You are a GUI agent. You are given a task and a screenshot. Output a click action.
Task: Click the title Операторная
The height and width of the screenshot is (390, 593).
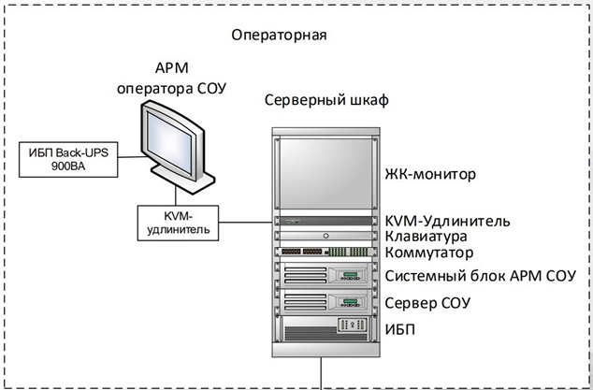[x=279, y=36]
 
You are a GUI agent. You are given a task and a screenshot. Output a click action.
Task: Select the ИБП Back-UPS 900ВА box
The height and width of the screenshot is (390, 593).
[x=68, y=160]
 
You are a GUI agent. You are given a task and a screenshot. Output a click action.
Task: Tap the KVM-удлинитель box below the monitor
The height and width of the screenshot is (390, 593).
[x=178, y=223]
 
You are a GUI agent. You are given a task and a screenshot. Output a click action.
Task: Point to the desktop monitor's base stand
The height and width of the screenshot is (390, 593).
[x=182, y=178]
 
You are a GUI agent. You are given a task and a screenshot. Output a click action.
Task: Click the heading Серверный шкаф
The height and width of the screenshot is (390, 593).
[x=326, y=101]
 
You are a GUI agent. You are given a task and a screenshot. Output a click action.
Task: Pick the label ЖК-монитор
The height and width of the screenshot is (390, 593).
[x=430, y=174]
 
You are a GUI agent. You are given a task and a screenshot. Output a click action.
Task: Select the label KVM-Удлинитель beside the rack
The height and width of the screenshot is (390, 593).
[x=447, y=221]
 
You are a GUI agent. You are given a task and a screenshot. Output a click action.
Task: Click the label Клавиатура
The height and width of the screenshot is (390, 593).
[x=426, y=237]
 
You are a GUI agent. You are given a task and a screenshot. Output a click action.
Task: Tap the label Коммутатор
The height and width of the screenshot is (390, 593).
[x=429, y=253]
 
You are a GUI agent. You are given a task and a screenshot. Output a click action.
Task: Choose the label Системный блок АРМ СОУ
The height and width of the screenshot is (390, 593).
[x=481, y=276]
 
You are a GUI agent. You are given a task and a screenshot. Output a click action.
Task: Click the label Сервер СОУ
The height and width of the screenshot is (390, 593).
[x=427, y=303]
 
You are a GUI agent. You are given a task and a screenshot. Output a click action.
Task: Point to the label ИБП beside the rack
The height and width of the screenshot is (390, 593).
[x=399, y=330]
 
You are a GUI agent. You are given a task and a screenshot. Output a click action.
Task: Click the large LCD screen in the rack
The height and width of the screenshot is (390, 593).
[x=325, y=174]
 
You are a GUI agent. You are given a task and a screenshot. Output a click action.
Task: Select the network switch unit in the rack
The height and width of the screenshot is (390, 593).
[x=325, y=252]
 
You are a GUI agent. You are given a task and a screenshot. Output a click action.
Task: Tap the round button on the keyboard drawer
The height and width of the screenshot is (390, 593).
[x=326, y=236]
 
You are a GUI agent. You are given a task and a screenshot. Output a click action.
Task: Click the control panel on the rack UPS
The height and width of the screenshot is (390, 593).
[x=353, y=325]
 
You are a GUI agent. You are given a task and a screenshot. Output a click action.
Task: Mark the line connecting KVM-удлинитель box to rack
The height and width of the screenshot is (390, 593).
[x=245, y=223]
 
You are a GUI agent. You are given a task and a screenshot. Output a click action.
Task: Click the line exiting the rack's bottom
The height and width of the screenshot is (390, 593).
[x=322, y=373]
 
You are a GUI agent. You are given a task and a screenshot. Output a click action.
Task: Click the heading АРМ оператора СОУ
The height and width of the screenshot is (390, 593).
[x=171, y=79]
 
